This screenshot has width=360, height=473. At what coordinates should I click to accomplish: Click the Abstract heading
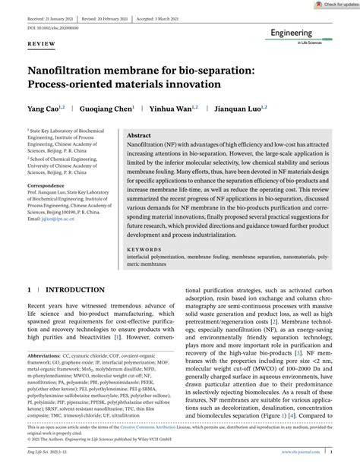(142, 132)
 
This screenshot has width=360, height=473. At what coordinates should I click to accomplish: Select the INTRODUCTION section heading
(76, 291)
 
